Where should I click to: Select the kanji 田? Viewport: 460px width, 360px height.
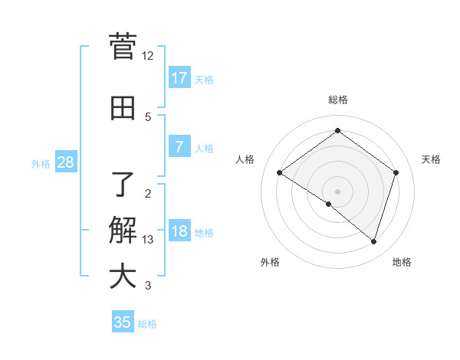[x=123, y=109]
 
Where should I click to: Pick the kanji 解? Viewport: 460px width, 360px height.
[x=123, y=230]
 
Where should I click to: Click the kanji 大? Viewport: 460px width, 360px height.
[x=123, y=276]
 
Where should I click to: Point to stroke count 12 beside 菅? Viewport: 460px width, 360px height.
[x=148, y=56]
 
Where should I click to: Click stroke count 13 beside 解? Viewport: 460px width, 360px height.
[x=148, y=240]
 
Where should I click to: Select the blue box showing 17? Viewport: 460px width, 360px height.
[x=179, y=78]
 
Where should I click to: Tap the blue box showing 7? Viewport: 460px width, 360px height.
[x=179, y=147]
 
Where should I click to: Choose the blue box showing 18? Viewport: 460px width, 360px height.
[x=179, y=231]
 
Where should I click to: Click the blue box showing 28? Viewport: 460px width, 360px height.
[x=65, y=162]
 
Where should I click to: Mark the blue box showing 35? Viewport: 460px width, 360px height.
[x=123, y=322]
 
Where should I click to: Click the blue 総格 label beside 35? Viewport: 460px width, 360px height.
[x=148, y=324]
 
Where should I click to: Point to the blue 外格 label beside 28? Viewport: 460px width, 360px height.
[x=41, y=163]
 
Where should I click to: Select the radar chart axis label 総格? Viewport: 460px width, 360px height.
[x=338, y=100]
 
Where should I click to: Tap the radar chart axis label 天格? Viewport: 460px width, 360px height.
[x=432, y=159]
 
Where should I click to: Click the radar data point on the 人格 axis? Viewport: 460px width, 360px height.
[x=280, y=173]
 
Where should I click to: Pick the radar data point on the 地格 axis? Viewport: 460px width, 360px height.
[x=374, y=241]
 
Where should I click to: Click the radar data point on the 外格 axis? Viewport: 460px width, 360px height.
[x=329, y=204]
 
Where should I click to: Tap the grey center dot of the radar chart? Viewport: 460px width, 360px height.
[x=338, y=191]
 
